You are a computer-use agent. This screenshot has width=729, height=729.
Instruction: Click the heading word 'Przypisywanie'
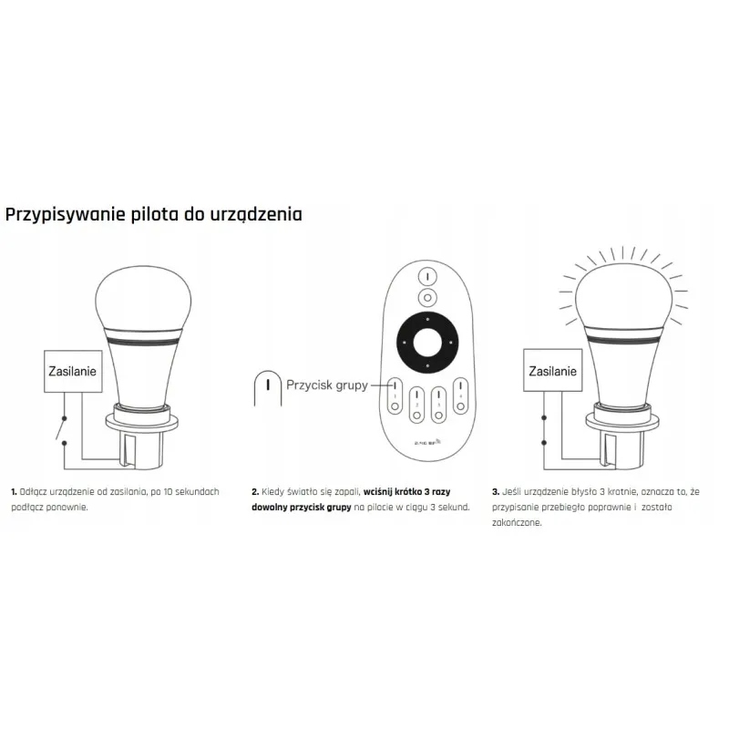click(64, 215)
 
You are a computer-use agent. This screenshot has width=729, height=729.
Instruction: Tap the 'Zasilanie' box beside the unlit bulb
click(72, 371)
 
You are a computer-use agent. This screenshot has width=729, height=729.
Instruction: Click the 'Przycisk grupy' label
click(326, 385)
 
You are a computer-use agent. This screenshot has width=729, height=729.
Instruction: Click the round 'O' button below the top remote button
click(426, 297)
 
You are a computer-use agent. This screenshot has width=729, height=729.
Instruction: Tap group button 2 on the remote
click(416, 405)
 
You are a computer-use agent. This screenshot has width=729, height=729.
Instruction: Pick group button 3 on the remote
click(438, 405)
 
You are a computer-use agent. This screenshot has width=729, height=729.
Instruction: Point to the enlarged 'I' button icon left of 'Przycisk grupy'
click(267, 387)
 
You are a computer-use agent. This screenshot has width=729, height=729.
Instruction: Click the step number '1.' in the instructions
click(14, 491)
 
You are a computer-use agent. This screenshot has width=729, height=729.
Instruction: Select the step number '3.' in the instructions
click(495, 491)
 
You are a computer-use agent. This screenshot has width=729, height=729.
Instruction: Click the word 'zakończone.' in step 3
click(517, 523)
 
